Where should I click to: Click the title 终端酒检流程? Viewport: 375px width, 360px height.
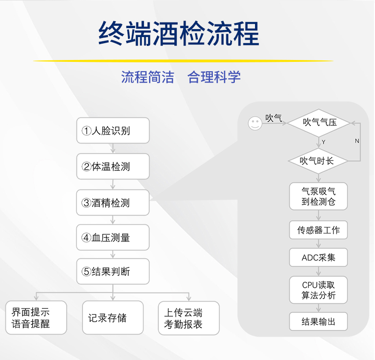click(x=179, y=33)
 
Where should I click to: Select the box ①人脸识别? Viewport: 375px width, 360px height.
click(x=113, y=130)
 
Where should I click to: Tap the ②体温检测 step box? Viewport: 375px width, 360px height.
click(x=113, y=166)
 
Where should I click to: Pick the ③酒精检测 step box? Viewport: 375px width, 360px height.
click(x=113, y=202)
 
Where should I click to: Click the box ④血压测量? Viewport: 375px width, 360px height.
click(x=113, y=237)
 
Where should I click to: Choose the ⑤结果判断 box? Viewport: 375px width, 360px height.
click(x=113, y=271)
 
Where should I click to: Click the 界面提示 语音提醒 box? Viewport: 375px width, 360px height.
click(x=36, y=318)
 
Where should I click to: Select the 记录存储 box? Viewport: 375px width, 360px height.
click(x=113, y=318)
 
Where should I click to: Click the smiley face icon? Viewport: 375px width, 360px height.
click(x=255, y=123)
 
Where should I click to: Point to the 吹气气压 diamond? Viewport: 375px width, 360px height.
click(x=319, y=123)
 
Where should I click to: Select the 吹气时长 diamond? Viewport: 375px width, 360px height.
click(x=318, y=161)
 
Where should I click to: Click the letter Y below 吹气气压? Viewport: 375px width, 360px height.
click(x=323, y=142)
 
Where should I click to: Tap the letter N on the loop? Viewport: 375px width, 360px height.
click(x=357, y=141)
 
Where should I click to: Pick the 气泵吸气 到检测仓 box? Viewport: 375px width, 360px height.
click(x=319, y=196)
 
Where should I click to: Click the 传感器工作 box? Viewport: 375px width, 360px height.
click(x=319, y=230)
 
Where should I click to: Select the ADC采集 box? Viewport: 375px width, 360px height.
click(x=319, y=257)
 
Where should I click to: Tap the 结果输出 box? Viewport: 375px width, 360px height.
click(x=319, y=322)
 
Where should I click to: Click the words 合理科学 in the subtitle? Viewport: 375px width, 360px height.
click(x=214, y=77)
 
